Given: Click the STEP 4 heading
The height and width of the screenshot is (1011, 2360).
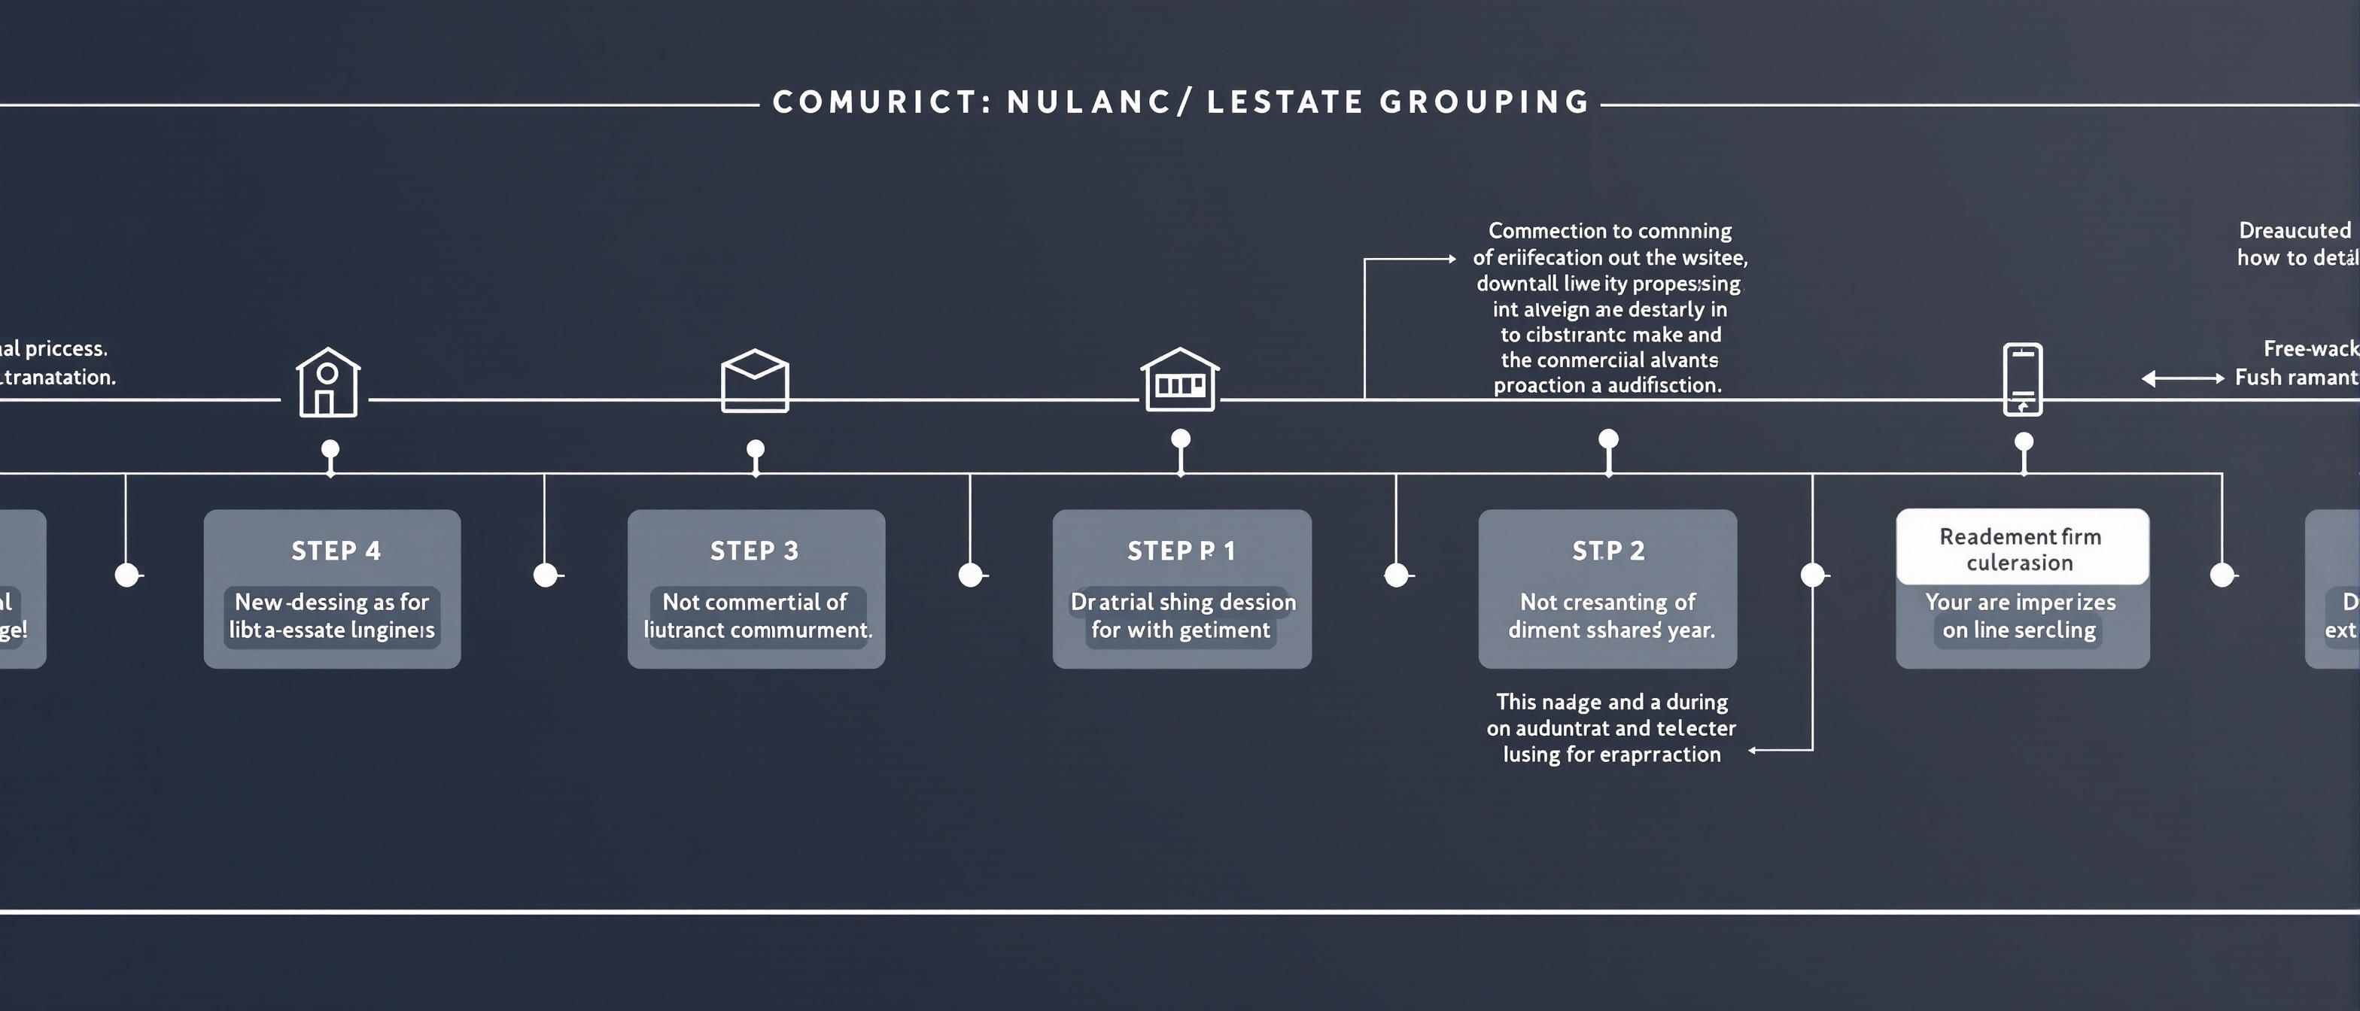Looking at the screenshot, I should tap(336, 551).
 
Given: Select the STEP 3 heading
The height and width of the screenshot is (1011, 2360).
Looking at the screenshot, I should tap(754, 551).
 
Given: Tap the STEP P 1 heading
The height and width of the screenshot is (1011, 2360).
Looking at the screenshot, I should tap(1181, 551).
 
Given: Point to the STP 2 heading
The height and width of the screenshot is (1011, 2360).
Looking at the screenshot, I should tap(1608, 551).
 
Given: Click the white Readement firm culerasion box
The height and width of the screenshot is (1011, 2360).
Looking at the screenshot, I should tap(2021, 548).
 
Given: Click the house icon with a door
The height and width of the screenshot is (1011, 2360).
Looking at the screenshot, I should tap(328, 383).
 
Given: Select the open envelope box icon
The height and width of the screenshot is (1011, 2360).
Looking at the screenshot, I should tap(755, 380).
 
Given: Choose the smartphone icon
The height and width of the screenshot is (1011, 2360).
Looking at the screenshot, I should tap(2023, 379).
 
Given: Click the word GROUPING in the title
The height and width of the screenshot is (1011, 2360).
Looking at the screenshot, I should tap(1484, 102).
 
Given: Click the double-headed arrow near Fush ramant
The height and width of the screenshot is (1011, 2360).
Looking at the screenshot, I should tap(2182, 378).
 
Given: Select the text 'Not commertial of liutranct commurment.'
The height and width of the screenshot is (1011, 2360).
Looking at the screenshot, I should tap(757, 615).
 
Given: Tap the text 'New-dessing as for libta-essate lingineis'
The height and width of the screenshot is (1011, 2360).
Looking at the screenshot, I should tap(332, 615).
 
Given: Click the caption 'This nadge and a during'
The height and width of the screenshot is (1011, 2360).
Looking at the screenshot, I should tap(1611, 702).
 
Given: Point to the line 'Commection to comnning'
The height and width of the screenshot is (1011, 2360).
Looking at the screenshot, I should tap(1610, 231).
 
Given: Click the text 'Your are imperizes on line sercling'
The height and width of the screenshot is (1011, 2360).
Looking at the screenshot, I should tap(2020, 615).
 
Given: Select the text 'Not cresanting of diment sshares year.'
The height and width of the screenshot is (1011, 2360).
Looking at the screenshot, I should tap(1610, 615).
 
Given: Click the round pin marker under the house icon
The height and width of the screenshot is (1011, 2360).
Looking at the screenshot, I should tap(330, 449).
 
